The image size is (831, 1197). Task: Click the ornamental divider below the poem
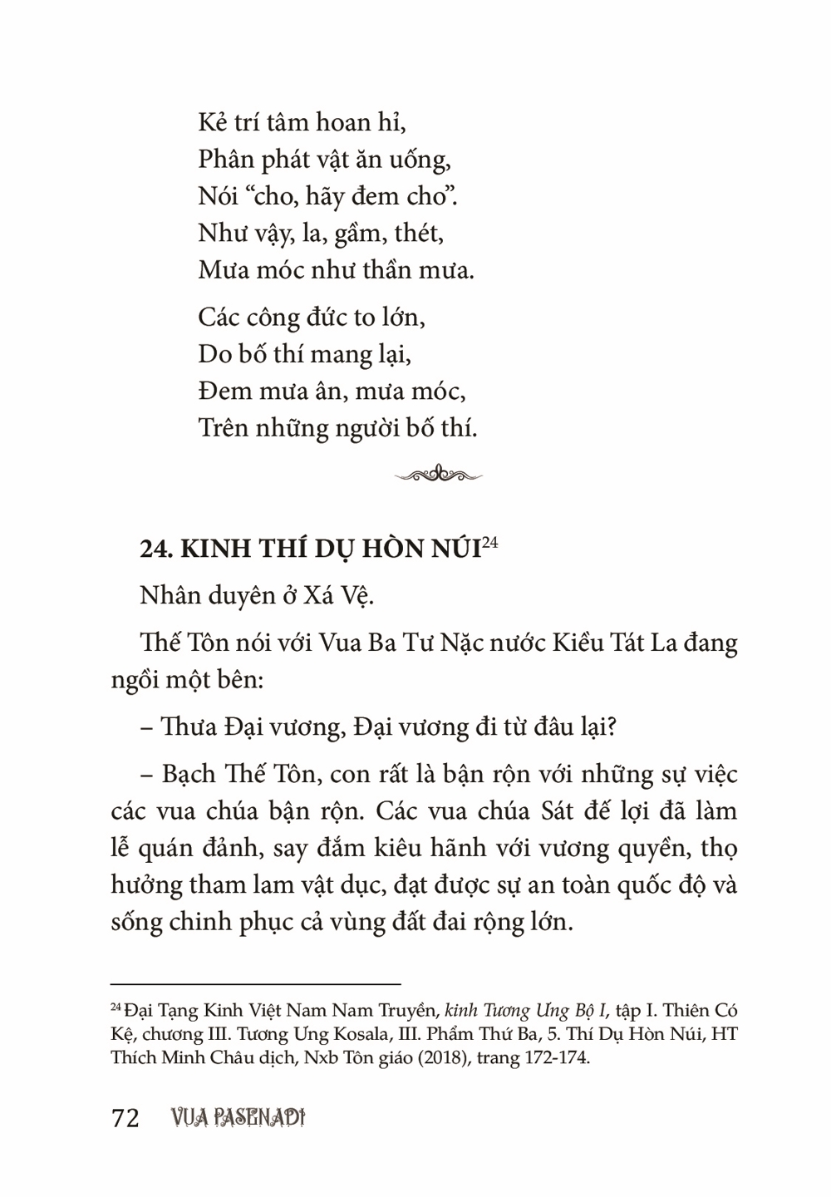[438, 475]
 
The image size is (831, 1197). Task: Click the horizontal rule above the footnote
[255, 983]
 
